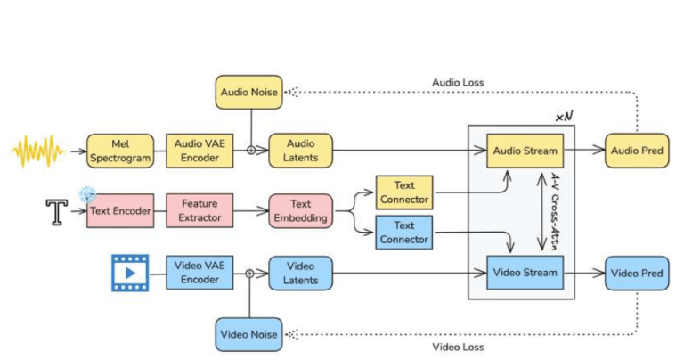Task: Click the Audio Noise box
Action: (248, 92)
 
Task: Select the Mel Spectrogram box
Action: (120, 151)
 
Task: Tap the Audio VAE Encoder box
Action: (199, 151)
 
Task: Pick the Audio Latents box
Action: (300, 151)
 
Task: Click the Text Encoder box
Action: (118, 211)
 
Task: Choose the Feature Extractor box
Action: (199, 211)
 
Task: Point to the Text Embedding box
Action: (300, 211)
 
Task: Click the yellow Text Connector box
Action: (403, 192)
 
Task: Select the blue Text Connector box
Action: (403, 233)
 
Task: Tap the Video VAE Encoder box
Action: (199, 274)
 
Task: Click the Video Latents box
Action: (300, 274)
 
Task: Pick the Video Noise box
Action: (248, 334)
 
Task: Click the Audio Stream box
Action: (525, 150)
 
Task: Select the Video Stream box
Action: (525, 273)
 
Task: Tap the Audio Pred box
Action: (636, 150)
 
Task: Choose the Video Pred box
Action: (636, 273)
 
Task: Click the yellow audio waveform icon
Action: (37, 151)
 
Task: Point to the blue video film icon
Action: (130, 274)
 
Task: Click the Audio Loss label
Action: (458, 82)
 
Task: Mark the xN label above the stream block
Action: (563, 117)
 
